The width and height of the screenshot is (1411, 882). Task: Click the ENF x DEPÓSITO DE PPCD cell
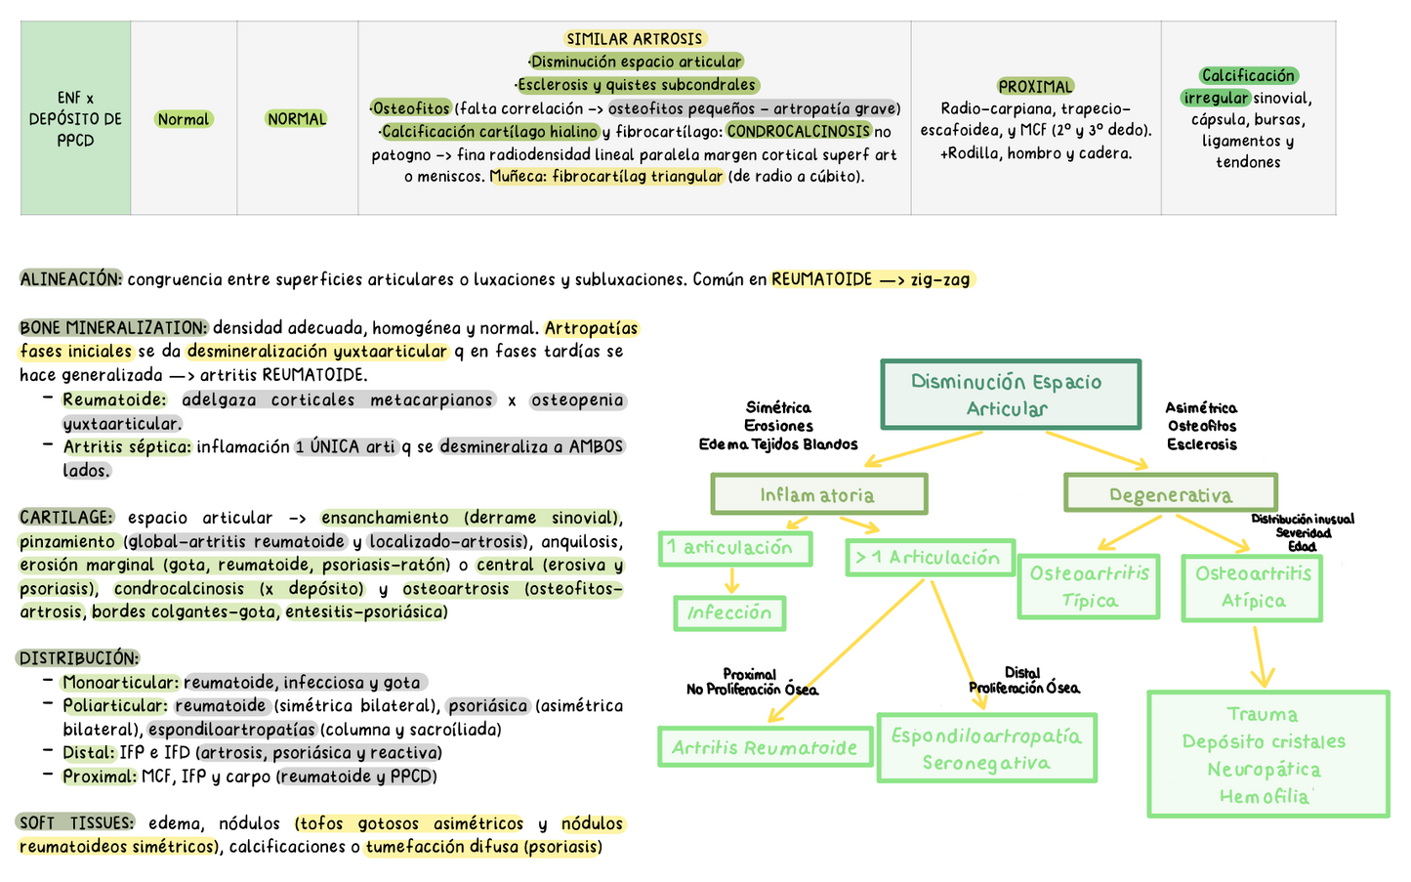pos(75,118)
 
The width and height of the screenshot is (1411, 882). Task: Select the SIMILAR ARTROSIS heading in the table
pos(635,39)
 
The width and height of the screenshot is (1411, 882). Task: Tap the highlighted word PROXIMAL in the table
pos(1035,86)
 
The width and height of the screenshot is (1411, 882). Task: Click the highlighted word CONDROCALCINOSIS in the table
pos(799,131)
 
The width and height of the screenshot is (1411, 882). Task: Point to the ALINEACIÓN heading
pos(70,279)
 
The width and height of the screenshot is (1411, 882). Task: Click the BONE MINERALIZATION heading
pos(113,327)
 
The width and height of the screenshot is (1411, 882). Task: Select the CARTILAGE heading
pos(66,518)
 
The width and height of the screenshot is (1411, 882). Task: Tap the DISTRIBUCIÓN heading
pos(78,658)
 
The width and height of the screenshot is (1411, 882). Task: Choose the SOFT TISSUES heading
pos(75,822)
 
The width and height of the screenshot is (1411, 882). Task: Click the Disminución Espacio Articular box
pos(1011,395)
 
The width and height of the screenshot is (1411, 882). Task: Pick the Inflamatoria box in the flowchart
pos(819,494)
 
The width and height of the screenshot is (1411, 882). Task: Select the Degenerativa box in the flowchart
pos(1171,493)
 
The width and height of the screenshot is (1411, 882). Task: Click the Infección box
pos(729,613)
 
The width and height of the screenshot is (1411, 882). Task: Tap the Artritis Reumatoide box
pos(766,747)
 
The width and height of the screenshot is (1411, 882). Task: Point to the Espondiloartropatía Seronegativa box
pos(987,748)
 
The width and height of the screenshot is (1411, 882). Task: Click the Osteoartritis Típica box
pos(1089,586)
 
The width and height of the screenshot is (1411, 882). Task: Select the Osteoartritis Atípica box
pos(1252,588)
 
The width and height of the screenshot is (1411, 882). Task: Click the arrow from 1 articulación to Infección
pos(731,580)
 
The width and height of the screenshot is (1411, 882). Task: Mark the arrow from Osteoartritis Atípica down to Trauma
pos(1260,656)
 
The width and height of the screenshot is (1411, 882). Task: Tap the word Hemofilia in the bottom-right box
pos(1264,797)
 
